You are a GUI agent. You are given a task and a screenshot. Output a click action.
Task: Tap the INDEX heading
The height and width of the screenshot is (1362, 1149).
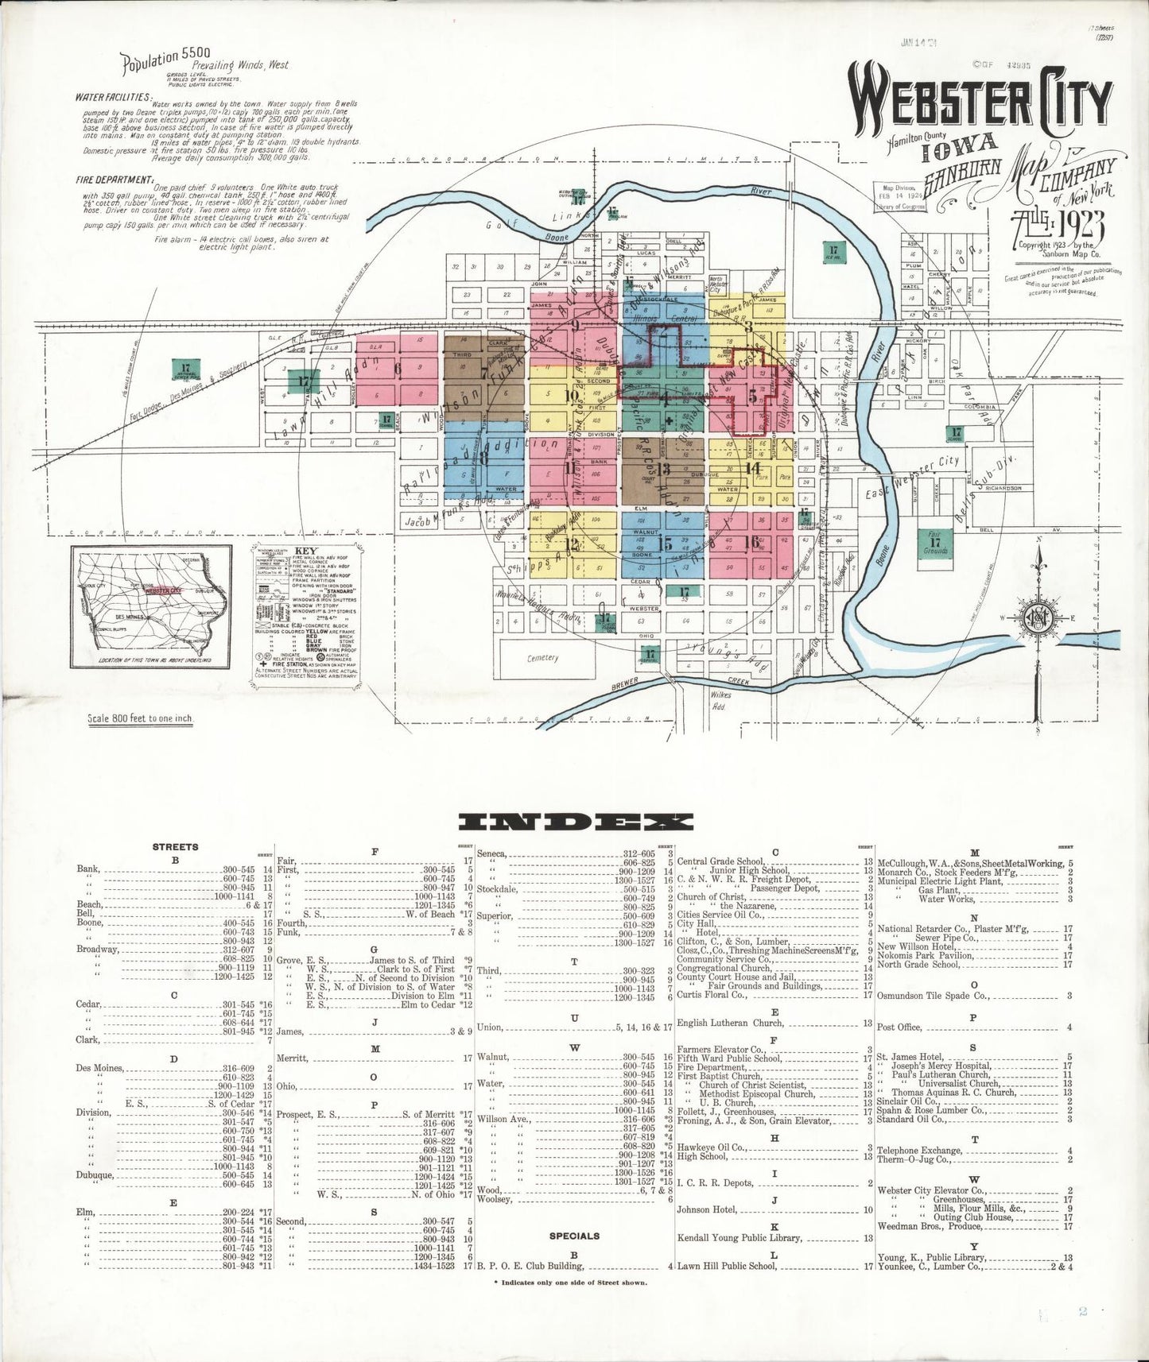point(580,822)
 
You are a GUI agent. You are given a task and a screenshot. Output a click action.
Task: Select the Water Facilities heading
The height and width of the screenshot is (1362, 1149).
point(108,97)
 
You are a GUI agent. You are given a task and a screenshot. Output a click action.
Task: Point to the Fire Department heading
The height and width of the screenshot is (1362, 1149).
point(113,180)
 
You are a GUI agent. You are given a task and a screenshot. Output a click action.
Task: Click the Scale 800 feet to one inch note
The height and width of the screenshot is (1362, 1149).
point(141,719)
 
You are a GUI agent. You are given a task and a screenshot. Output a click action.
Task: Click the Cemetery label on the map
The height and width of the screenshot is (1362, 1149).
point(544,657)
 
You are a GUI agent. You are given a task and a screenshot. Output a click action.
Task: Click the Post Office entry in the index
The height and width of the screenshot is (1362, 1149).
point(899,1027)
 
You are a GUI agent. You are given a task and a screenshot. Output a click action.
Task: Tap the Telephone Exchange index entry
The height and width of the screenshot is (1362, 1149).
point(919,1151)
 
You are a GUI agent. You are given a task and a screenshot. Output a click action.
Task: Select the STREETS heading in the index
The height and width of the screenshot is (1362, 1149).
point(176,847)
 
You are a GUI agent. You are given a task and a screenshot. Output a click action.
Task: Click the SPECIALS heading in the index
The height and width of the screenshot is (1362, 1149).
point(574,1236)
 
